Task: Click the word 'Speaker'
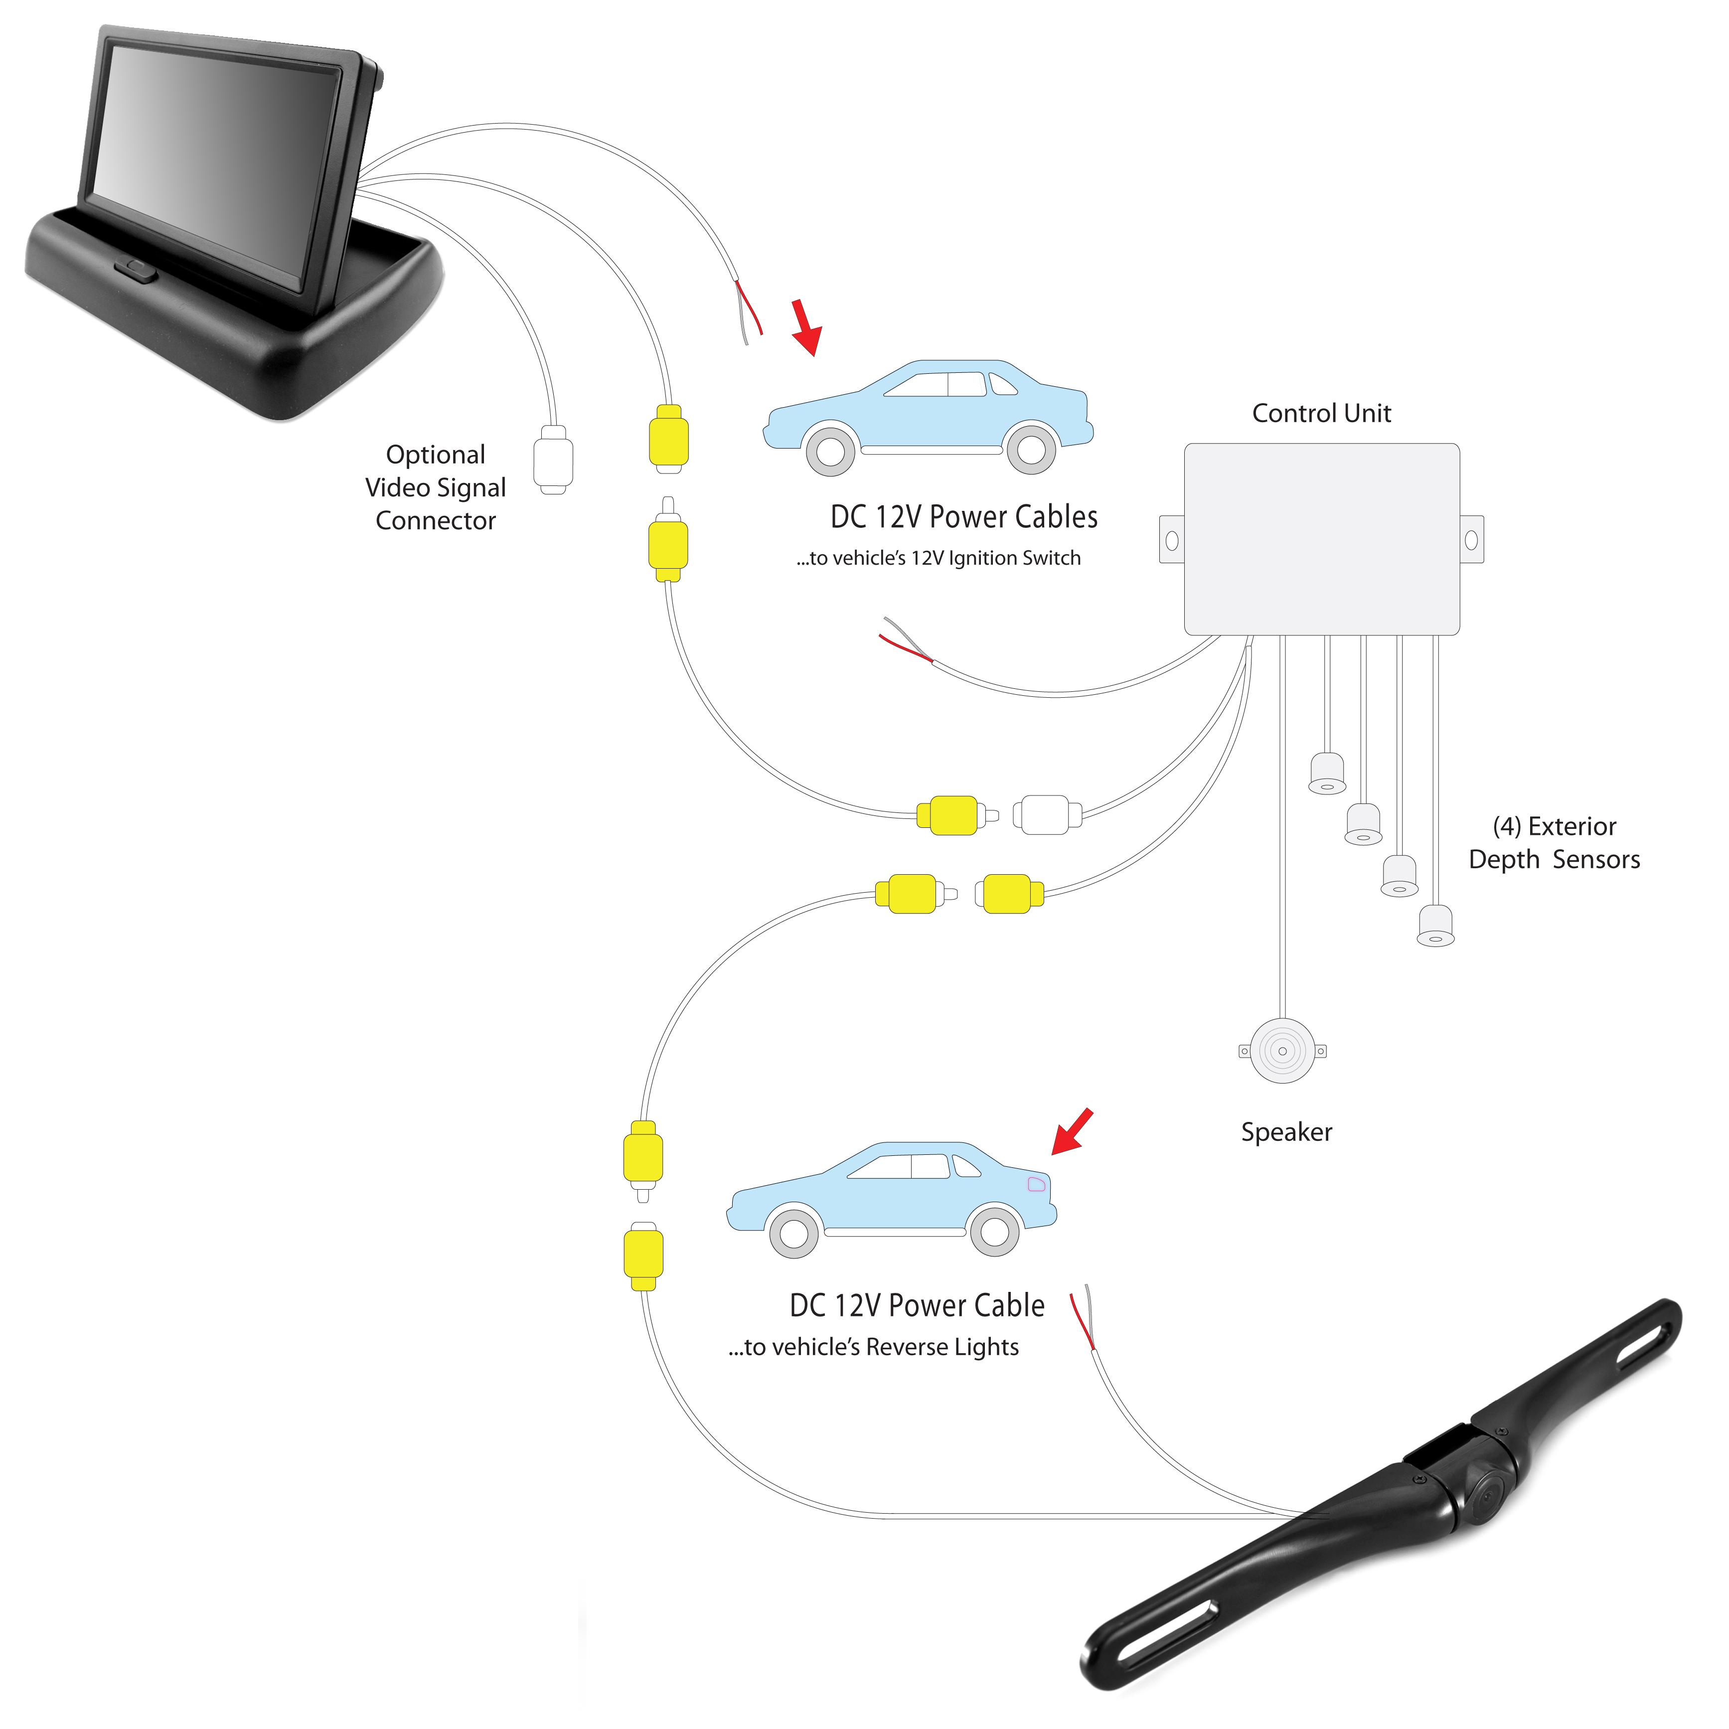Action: coord(1286,1132)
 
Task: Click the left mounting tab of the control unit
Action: coord(1171,540)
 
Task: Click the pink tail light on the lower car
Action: coord(1035,1185)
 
